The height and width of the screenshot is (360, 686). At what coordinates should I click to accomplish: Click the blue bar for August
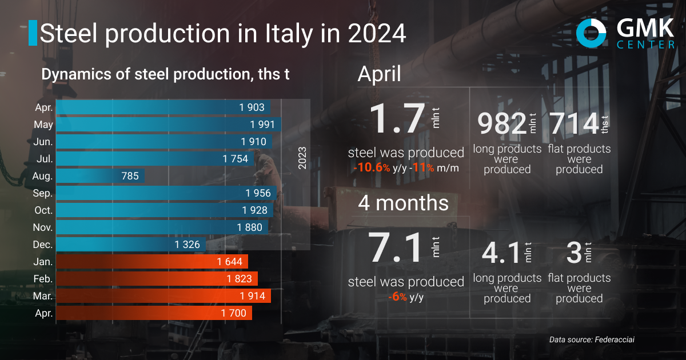pos(100,175)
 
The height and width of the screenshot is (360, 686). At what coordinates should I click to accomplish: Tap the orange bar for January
pos(151,262)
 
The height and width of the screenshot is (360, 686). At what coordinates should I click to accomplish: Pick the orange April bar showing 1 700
pos(154,313)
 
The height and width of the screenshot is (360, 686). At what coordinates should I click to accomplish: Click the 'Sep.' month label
pos(43,193)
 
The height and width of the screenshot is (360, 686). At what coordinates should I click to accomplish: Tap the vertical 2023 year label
pos(302,158)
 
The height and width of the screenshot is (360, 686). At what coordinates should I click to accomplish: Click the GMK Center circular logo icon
pos(591,34)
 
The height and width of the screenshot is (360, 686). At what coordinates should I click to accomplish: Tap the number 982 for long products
pos(501,124)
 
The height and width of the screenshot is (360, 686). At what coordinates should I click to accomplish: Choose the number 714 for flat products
pos(573,124)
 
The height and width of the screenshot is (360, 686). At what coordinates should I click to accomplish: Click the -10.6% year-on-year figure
pos(372,168)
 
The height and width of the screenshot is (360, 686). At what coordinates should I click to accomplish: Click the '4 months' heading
pos(403,203)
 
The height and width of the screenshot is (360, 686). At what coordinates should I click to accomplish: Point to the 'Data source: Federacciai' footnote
pos(592,339)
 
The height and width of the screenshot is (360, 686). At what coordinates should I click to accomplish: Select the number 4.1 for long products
pos(500,253)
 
